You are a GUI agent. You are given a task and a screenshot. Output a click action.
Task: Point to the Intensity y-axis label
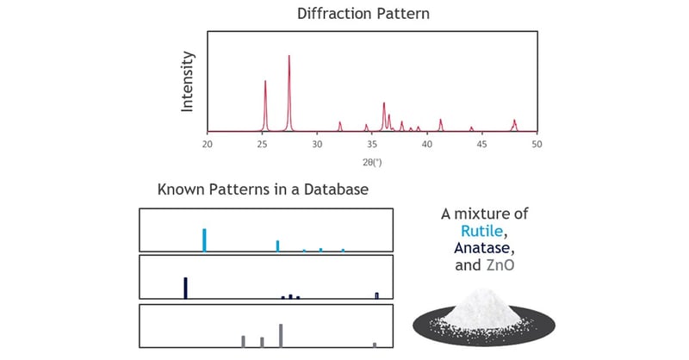point(188,82)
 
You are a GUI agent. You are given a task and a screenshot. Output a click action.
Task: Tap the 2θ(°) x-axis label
point(371,160)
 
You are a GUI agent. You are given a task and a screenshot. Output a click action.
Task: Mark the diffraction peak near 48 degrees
point(514,122)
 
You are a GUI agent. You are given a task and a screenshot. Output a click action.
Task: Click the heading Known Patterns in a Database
point(264,189)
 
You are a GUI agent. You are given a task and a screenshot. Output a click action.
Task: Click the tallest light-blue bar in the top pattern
point(204,239)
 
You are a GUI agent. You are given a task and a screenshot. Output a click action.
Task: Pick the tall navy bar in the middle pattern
point(185,288)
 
